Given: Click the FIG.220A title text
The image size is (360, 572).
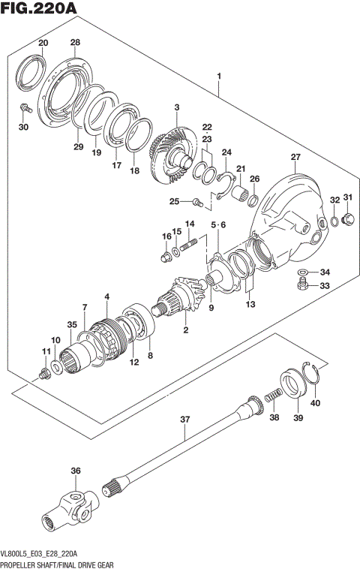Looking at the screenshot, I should pyautogui.click(x=40, y=9).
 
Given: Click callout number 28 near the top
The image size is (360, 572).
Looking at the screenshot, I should pyautogui.click(x=74, y=42).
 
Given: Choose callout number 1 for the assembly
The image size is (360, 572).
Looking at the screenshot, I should pyautogui.click(x=219, y=77).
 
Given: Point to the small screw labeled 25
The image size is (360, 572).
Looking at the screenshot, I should pyautogui.click(x=197, y=200).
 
